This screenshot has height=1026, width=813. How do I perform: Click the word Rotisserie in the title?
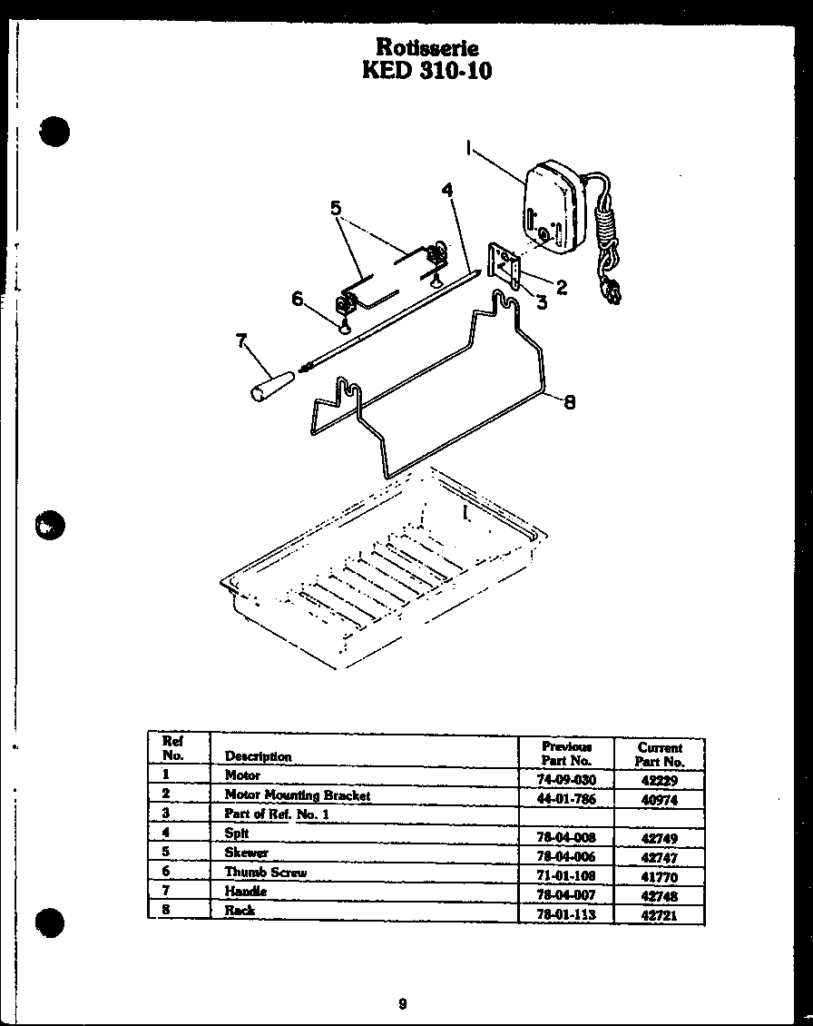[426, 46]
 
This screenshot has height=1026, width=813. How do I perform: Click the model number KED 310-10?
[426, 70]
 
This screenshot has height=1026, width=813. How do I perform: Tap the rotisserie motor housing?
[552, 206]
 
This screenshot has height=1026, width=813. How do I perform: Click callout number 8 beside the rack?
[570, 402]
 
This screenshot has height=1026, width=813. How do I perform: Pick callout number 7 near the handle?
[241, 340]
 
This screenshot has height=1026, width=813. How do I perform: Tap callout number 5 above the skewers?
[337, 208]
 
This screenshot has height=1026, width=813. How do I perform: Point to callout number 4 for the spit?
[447, 190]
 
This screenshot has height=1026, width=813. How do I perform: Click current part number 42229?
[659, 780]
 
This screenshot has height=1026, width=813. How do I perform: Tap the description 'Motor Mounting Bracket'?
[298, 795]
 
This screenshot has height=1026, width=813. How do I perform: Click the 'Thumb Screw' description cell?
[266, 872]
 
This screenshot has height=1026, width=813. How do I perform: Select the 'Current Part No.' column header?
[660, 755]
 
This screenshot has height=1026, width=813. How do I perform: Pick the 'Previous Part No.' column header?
[566, 753]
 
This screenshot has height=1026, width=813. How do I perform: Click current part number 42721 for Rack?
[660, 916]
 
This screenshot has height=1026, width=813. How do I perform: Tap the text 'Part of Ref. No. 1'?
[277, 814]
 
